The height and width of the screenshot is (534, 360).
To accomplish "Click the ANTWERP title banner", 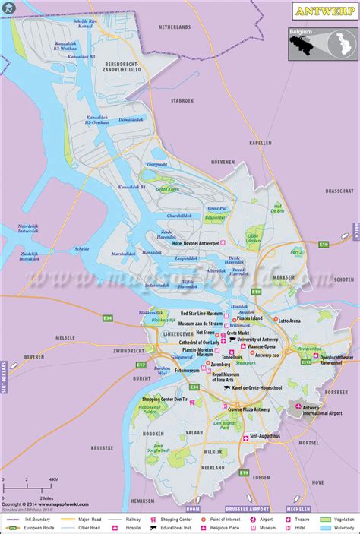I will pyautogui.click(x=321, y=12).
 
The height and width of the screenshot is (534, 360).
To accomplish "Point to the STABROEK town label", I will pyautogui.click(x=182, y=100).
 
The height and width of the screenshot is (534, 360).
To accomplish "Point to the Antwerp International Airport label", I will pyautogui.click(x=322, y=410).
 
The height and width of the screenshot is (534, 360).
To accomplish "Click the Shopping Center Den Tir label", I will pyautogui.click(x=165, y=398).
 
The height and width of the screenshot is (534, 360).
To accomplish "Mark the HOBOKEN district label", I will pyautogui.click(x=153, y=433).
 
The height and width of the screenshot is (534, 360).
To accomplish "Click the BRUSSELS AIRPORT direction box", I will pyautogui.click(x=249, y=508).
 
